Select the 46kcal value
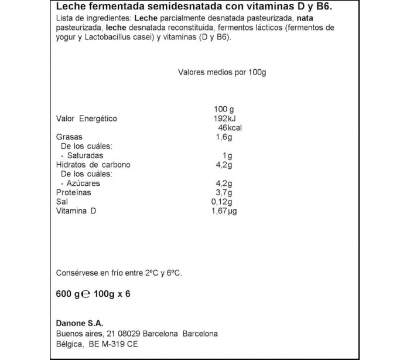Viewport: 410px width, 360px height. click(230, 128)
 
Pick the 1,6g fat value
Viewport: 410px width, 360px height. click(224, 137)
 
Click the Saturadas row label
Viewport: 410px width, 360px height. click(85, 155)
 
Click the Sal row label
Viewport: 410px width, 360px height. click(61, 202)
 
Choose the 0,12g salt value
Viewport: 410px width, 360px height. click(222, 202)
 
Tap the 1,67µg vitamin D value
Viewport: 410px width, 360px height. click(224, 211)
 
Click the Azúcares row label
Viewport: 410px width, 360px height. click(83, 183)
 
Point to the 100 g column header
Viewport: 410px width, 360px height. click(224, 109)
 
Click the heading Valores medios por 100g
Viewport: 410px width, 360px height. click(222, 72)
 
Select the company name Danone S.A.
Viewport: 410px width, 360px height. click(79, 323)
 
